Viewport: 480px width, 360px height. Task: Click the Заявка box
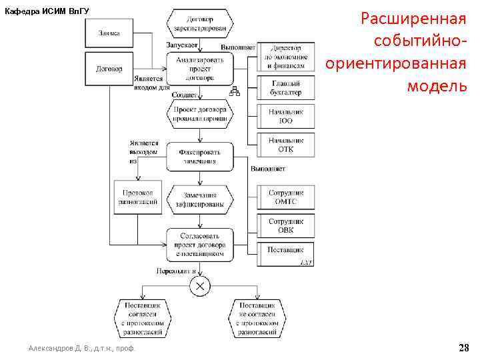pyautogui.click(x=109, y=33)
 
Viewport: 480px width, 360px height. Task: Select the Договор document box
pyautogui.click(x=109, y=69)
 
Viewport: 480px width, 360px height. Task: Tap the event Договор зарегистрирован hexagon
pyautogui.click(x=199, y=24)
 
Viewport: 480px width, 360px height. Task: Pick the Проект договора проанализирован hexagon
pyautogui.click(x=199, y=113)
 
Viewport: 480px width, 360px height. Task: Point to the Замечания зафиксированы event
pyautogui.click(x=199, y=200)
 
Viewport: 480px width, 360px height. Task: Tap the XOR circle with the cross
pyautogui.click(x=199, y=286)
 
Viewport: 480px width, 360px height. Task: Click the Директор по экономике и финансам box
pyautogui.click(x=286, y=57)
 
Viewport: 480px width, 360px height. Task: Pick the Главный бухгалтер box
pyautogui.click(x=286, y=87)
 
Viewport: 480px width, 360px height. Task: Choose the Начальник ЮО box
pyautogui.click(x=286, y=117)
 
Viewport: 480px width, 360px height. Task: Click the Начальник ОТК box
pyautogui.click(x=286, y=145)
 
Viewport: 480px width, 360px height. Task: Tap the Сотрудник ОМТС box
pyautogui.click(x=286, y=197)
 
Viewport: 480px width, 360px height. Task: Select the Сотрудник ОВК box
pyautogui.click(x=286, y=226)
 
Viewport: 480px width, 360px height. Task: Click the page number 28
pyautogui.click(x=464, y=347)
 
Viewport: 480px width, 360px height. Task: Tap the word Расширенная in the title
pyautogui.click(x=413, y=18)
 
